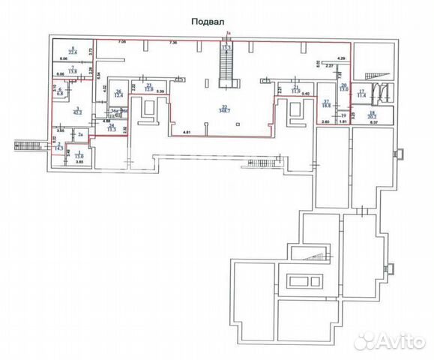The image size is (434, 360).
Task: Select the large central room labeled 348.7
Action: [x=223, y=109]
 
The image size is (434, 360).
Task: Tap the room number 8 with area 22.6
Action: [x=72, y=50]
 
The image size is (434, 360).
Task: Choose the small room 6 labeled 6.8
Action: [x=61, y=94]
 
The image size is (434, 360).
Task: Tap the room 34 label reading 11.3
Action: [x=112, y=128]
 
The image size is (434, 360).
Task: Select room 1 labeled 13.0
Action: [x=79, y=154]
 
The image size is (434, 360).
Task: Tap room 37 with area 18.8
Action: [x=326, y=106]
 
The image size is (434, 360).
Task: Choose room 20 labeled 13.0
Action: [x=344, y=88]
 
